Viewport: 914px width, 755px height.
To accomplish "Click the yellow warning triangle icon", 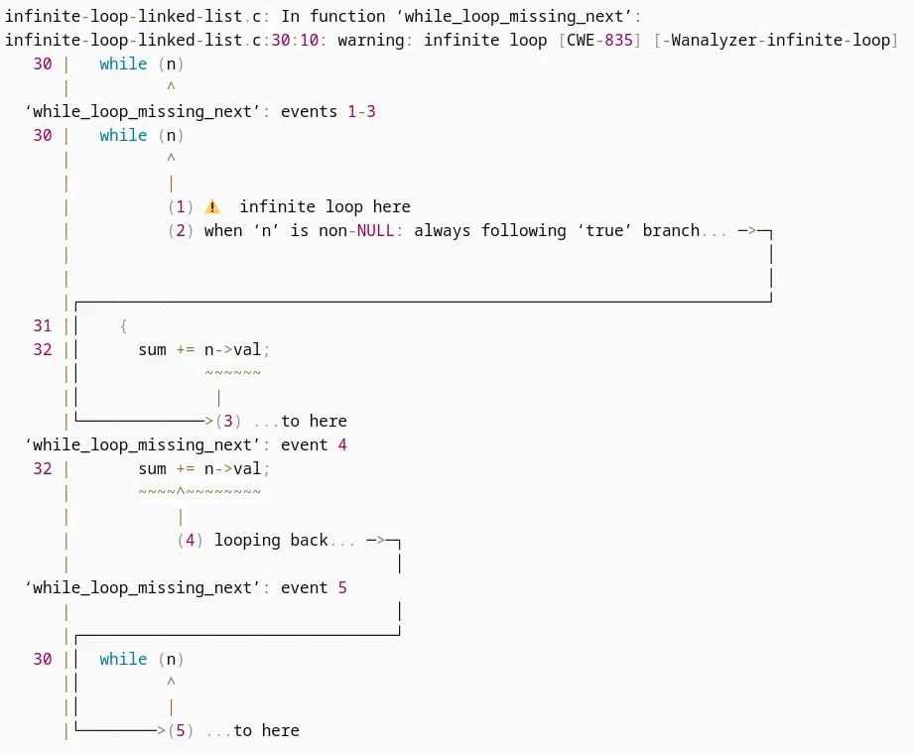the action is coord(212,206).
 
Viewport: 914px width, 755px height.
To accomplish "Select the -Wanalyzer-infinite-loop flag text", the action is coord(776,41).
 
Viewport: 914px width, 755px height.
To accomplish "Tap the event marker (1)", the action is coord(181,206).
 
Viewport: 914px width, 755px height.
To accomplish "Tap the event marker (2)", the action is coord(181,231).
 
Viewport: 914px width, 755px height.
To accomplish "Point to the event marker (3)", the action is coord(228,422).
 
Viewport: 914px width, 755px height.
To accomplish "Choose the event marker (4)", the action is coord(190,540).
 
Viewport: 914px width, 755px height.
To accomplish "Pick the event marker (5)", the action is coord(181,730).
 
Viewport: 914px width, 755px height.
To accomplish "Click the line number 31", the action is coord(43,325).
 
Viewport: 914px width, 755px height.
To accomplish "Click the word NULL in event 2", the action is coord(375,231).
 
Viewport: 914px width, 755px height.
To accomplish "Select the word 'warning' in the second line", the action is coord(371,41).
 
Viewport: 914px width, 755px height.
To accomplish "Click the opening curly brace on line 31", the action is coord(123,325).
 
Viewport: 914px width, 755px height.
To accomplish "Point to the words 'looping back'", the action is coord(271,540).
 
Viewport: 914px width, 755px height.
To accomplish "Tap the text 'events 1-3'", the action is coord(328,112).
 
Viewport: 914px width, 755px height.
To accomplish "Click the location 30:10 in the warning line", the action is coord(295,41).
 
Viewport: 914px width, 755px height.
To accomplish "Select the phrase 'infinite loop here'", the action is coord(326,206).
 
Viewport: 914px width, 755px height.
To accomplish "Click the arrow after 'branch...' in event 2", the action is coord(747,231).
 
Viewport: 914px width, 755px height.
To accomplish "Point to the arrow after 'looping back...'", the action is coord(375,540).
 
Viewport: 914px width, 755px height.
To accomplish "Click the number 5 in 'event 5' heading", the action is coord(342,587).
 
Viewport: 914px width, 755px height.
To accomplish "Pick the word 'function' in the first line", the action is coord(347,16).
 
